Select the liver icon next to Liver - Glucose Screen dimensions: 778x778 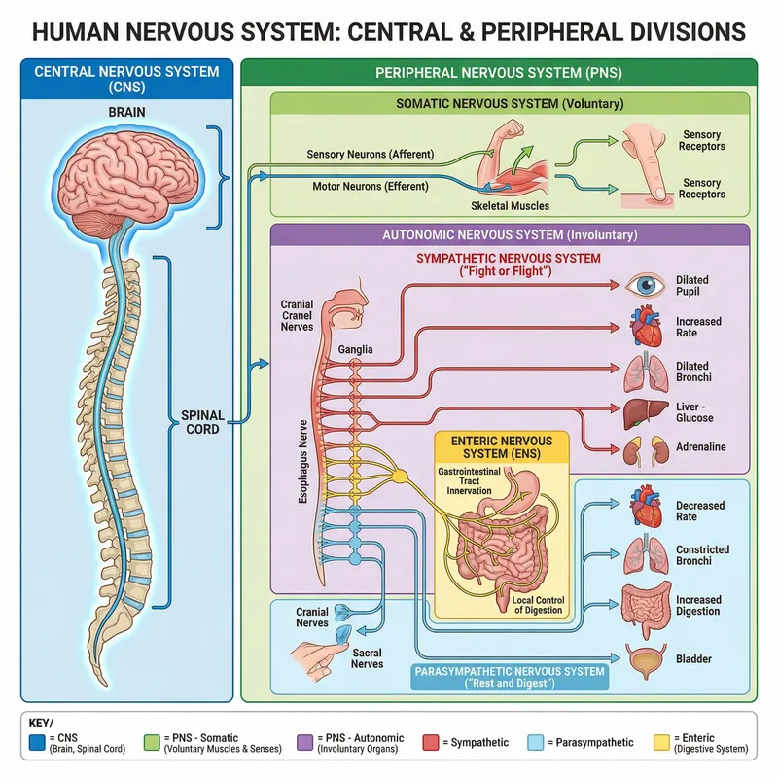pyautogui.click(x=643, y=410)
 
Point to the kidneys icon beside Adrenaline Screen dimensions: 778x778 pyautogui.click(x=643, y=448)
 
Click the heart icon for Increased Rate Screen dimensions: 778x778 pyautogui.click(x=643, y=328)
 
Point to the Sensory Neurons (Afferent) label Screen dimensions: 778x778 pyautogui.click(x=370, y=154)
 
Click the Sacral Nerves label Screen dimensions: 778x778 pyautogui.click(x=367, y=659)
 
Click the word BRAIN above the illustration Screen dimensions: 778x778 pyautogui.click(x=126, y=112)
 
